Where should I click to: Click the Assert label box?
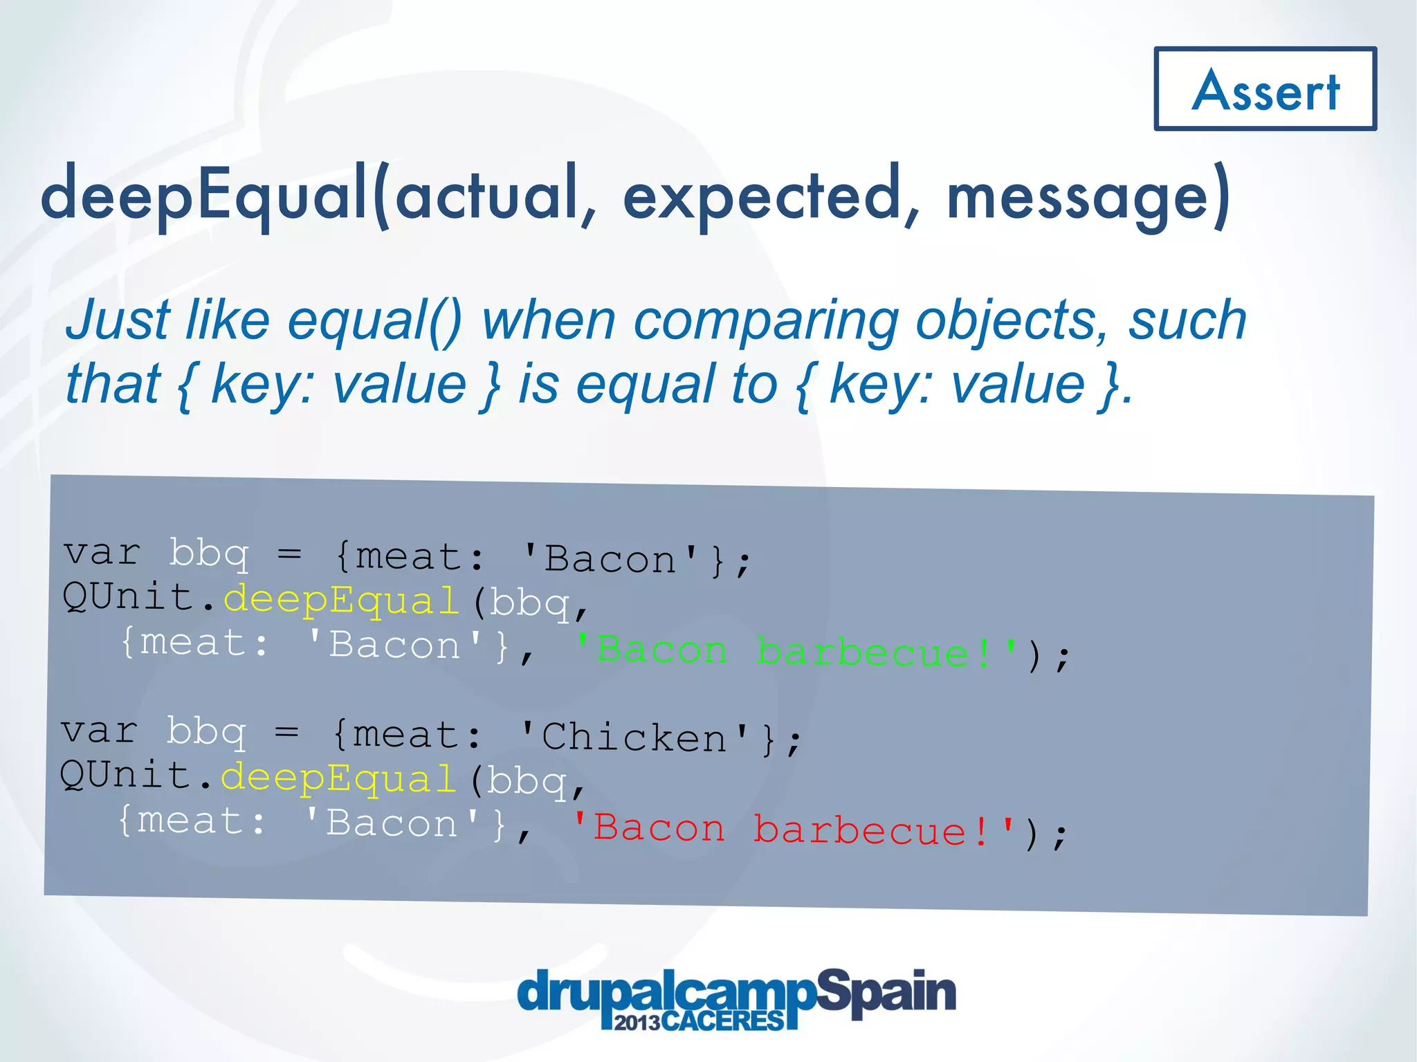coord(1265,89)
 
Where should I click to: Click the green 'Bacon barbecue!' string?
coord(796,652)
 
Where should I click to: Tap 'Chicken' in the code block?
coord(634,738)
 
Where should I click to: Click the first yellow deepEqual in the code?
coord(341,600)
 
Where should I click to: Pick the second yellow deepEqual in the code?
coord(338,778)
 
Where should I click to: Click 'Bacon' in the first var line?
coord(610,559)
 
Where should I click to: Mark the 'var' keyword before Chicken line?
coord(100,731)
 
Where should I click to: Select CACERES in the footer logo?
coord(723,1021)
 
